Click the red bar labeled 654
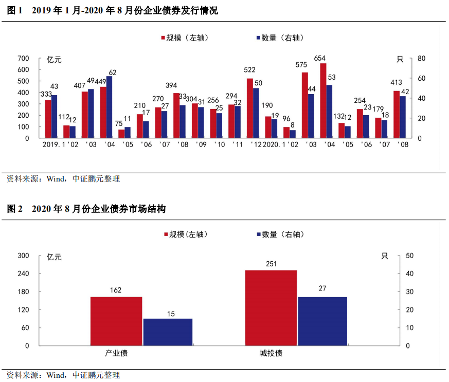(x=323, y=101)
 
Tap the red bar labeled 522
(x=250, y=108)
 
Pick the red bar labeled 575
(x=304, y=105)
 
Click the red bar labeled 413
(x=397, y=114)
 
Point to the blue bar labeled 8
(x=293, y=134)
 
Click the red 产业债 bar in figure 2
(x=116, y=321)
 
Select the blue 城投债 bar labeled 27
(x=322, y=321)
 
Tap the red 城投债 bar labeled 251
(x=271, y=307)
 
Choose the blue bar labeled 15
(x=168, y=332)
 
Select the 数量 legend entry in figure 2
(x=280, y=234)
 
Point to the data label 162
(x=116, y=290)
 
